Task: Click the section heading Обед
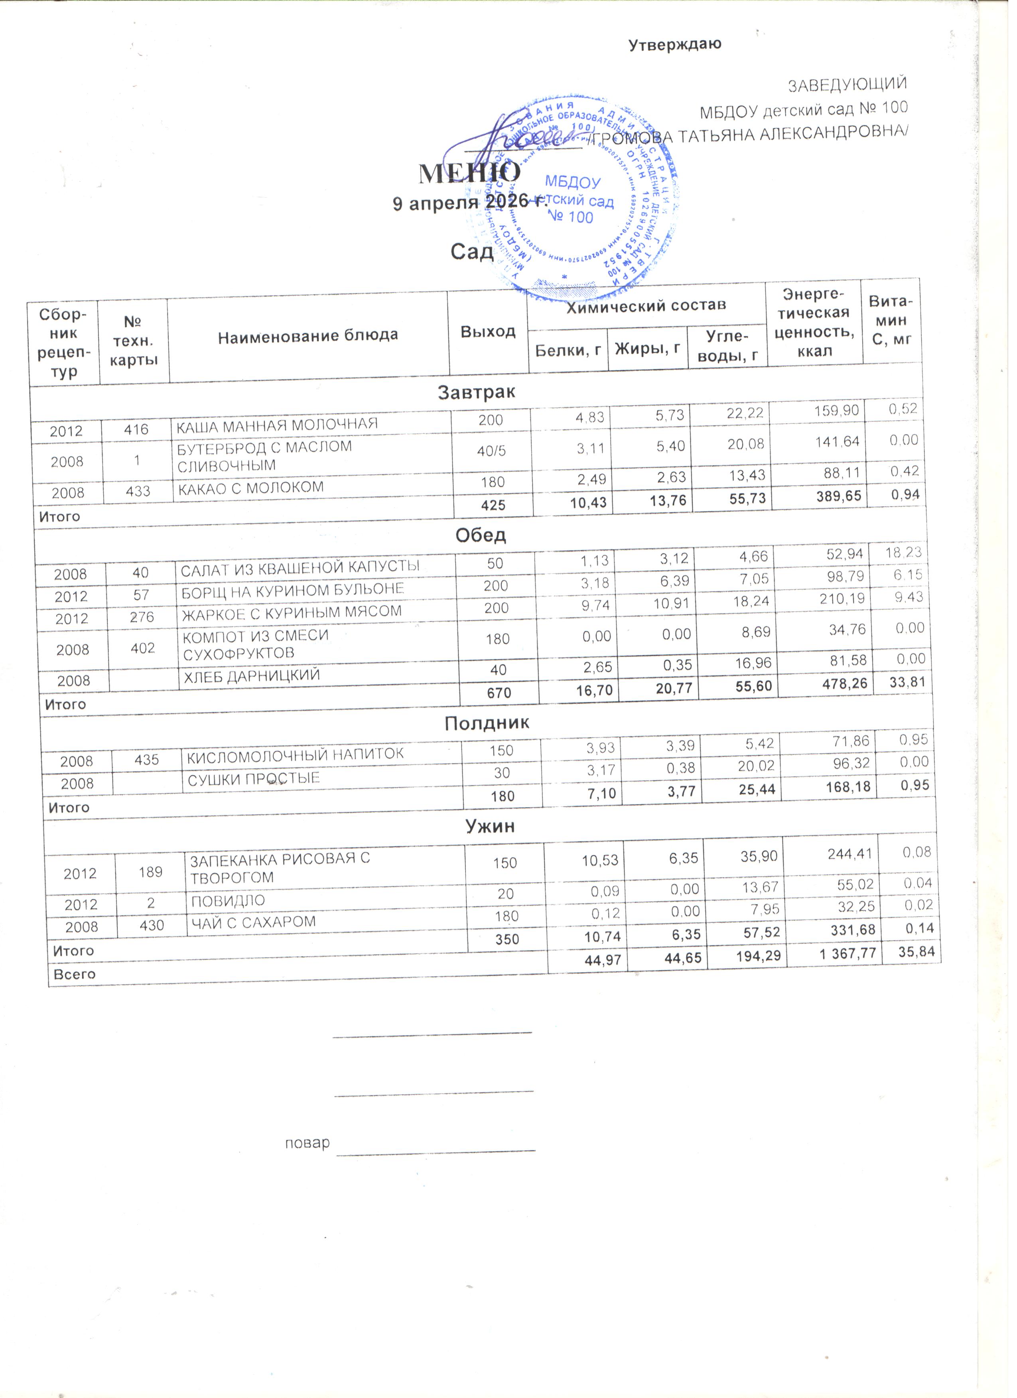tap(481, 535)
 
